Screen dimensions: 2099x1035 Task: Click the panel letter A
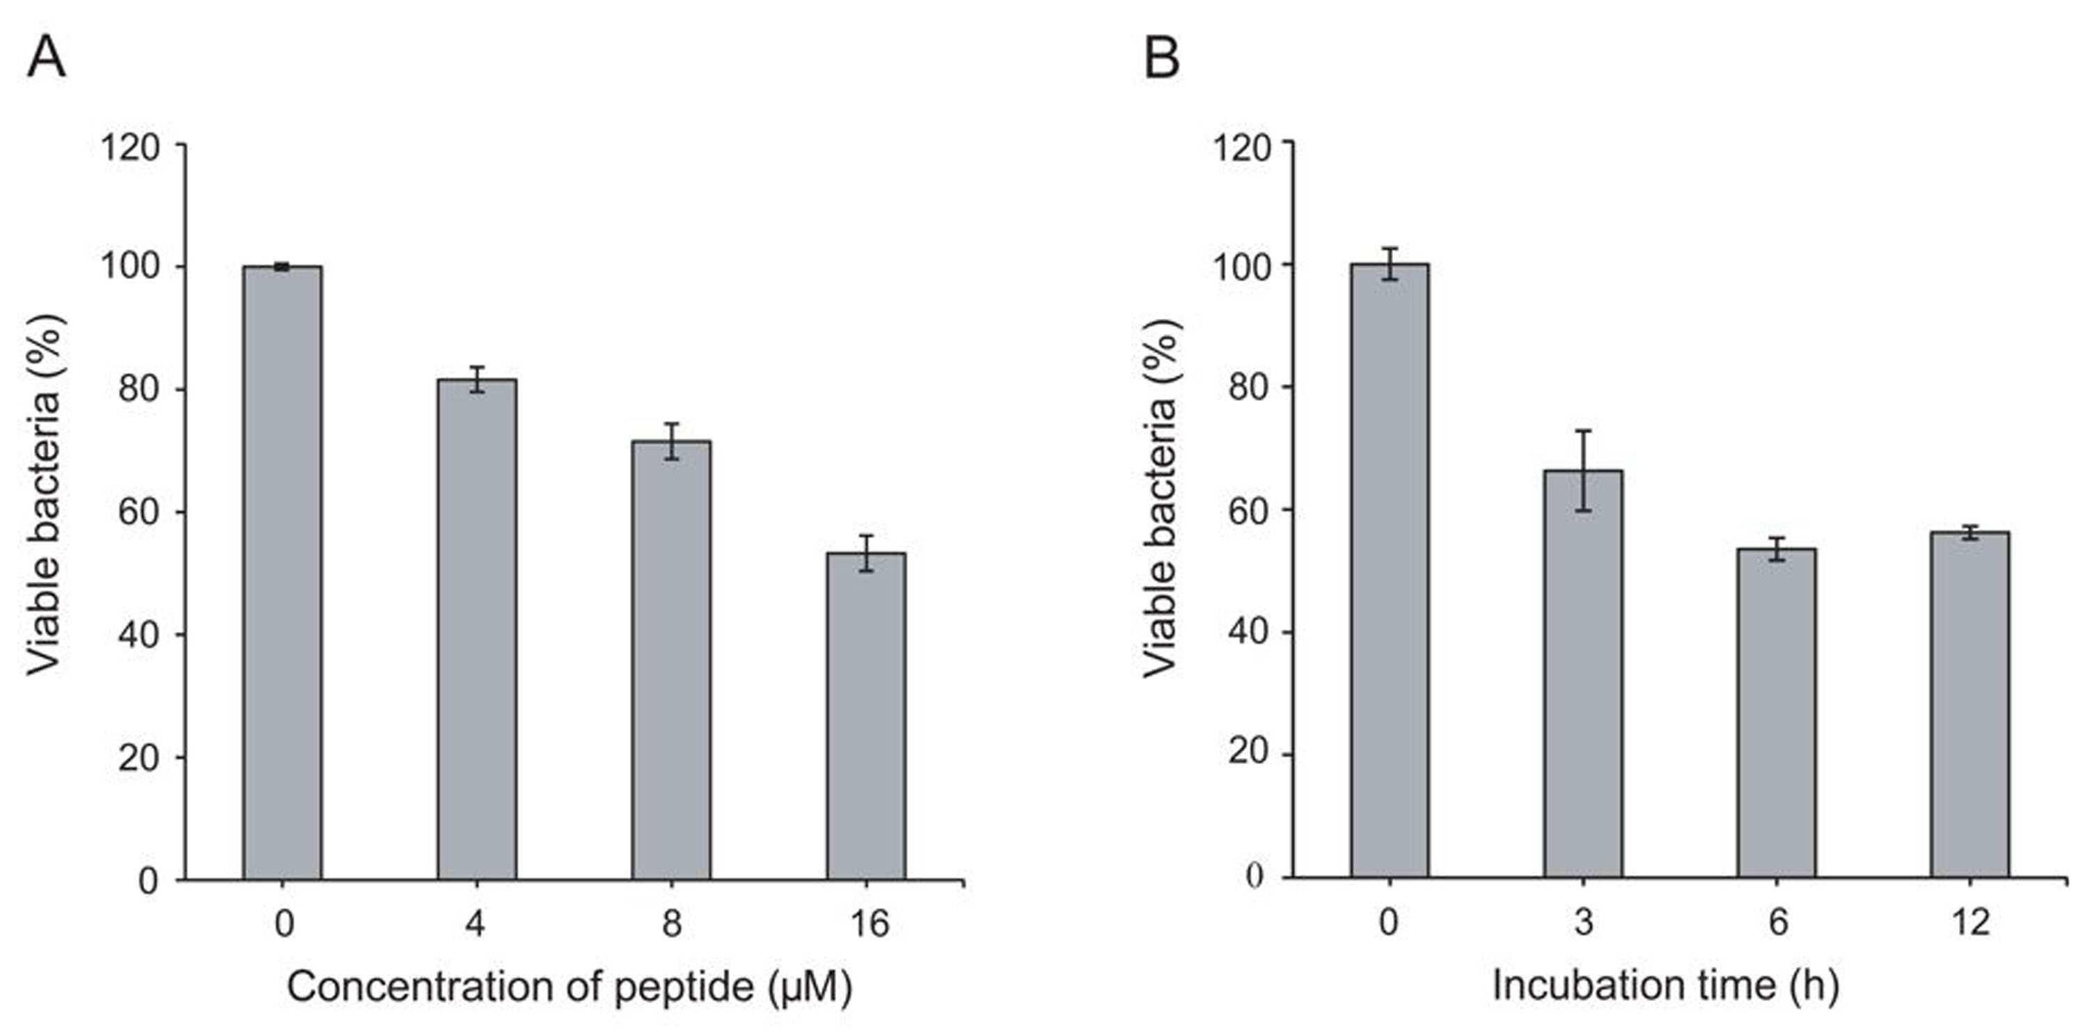tap(47, 58)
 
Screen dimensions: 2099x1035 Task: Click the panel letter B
tap(1162, 58)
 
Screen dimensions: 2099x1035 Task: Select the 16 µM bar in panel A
tap(866, 716)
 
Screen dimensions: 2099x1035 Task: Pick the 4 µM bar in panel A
tap(477, 629)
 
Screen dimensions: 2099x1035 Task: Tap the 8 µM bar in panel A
tap(671, 660)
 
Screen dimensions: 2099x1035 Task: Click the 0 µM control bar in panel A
tap(282, 573)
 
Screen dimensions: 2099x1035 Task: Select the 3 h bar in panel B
tap(1583, 674)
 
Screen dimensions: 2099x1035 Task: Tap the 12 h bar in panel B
tap(1970, 705)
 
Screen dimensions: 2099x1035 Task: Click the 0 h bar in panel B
tap(1390, 571)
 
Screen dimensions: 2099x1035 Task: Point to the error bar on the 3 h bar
tap(1583, 471)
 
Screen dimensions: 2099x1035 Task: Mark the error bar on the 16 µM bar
tap(866, 553)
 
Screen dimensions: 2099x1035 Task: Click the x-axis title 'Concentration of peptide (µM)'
tap(569, 988)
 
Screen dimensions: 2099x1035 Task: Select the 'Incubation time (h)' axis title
tap(1665, 986)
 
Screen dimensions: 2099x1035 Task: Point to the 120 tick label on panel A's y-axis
tap(129, 148)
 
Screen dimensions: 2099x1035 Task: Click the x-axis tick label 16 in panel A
tap(870, 924)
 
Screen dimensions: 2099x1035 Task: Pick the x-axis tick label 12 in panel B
tap(1971, 922)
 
